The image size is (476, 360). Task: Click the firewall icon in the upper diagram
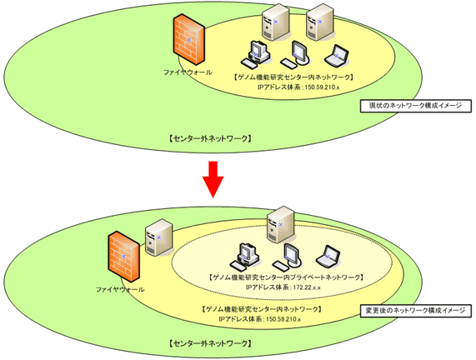[x=189, y=39]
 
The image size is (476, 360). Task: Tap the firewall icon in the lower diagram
[x=124, y=257]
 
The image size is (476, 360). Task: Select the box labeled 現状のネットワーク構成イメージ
[x=416, y=106]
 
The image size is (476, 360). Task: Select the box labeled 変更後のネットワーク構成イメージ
[x=416, y=311]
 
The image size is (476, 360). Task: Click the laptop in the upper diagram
[x=336, y=56]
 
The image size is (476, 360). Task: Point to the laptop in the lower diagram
[x=328, y=257]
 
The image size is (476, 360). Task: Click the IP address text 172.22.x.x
[x=308, y=287]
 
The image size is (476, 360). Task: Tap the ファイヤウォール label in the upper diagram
[x=188, y=72]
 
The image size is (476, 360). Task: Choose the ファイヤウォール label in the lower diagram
[x=120, y=289]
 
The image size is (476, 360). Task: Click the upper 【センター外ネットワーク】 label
[x=209, y=138]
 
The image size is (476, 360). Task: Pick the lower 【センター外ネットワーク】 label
[x=209, y=343]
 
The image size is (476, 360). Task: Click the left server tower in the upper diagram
[x=275, y=22]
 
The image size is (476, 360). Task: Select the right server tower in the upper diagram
[x=319, y=22]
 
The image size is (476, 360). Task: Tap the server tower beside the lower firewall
[x=158, y=237]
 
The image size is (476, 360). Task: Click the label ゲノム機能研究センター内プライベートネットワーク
[x=285, y=277]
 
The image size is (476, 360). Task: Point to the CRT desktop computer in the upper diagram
[x=256, y=55]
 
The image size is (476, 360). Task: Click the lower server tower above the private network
[x=280, y=225]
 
